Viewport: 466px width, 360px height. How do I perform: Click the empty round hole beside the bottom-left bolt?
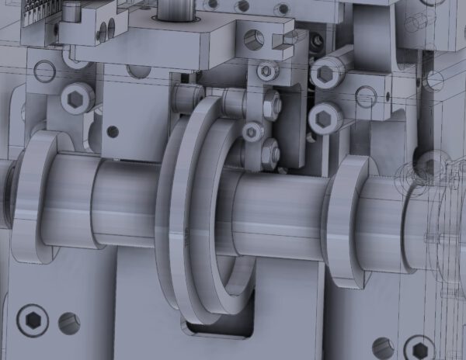pos(69,324)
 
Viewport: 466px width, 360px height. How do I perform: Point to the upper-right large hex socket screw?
pos(327,74)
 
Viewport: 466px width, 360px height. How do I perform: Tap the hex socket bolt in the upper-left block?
pos(77,98)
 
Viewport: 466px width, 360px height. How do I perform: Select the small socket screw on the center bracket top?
pos(267,71)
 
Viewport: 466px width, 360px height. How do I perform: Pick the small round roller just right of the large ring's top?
pos(252,132)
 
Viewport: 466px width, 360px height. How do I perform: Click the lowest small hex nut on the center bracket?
pos(270,153)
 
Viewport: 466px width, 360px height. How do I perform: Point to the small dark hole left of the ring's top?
pos(113,131)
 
